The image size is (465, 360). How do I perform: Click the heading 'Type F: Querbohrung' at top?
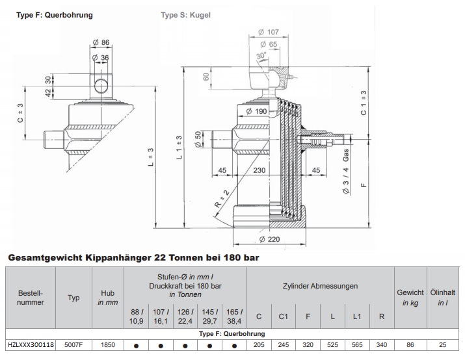point(55,14)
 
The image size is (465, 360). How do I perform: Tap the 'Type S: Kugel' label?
point(186,14)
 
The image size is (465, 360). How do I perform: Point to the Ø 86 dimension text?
point(103,44)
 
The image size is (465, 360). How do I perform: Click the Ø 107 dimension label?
point(268,32)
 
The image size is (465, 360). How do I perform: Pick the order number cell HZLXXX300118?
point(30,346)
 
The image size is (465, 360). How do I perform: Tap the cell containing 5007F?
point(73,346)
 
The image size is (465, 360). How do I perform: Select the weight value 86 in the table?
point(410,346)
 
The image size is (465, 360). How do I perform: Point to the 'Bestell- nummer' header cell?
point(30,298)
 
